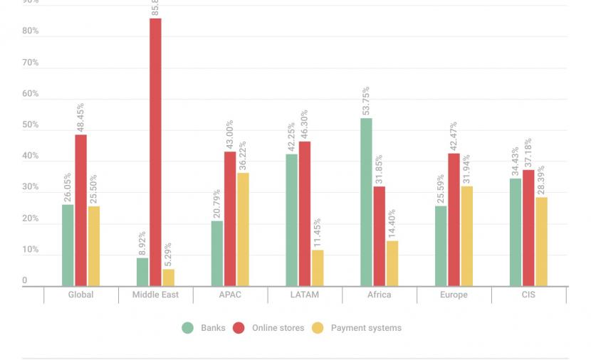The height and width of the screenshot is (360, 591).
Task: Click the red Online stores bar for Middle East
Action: click(155, 152)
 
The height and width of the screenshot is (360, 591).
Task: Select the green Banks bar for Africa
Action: click(366, 202)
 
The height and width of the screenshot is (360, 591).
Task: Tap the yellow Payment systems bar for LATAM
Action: click(317, 268)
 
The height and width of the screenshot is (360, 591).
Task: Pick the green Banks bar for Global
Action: click(68, 245)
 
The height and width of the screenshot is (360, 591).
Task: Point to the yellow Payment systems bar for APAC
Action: click(243, 229)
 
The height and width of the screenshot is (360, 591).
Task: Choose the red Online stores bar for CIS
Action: click(528, 228)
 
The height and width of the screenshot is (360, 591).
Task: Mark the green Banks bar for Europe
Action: click(441, 246)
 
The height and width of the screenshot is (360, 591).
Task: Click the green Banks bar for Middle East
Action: click(142, 272)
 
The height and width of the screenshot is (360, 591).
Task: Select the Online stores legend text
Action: click(277, 328)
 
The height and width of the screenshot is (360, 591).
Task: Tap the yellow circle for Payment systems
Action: click(318, 328)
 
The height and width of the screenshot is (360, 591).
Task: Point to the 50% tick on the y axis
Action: click(30, 125)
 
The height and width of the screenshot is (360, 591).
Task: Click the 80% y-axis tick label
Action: click(30, 31)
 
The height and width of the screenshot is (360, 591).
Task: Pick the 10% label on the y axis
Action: click(30, 250)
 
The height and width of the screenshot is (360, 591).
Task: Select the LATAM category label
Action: click(305, 295)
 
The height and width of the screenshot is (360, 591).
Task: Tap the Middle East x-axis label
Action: click(155, 295)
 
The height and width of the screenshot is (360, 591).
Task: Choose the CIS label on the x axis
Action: click(528, 295)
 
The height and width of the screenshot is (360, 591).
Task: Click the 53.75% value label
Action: click(366, 101)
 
